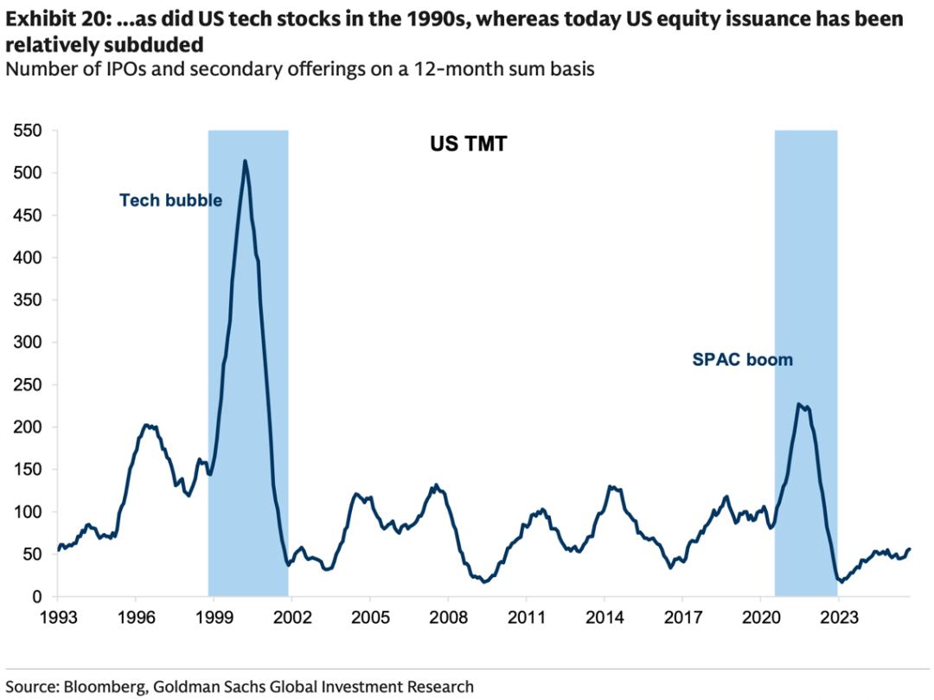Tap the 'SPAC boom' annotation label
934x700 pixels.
click(742, 359)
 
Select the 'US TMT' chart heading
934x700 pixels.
click(469, 144)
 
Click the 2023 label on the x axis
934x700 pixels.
click(839, 619)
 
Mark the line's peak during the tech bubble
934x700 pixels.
click(246, 161)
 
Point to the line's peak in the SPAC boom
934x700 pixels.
click(798, 404)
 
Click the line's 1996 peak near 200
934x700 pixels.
click(145, 425)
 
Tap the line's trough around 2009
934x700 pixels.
click(484, 581)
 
